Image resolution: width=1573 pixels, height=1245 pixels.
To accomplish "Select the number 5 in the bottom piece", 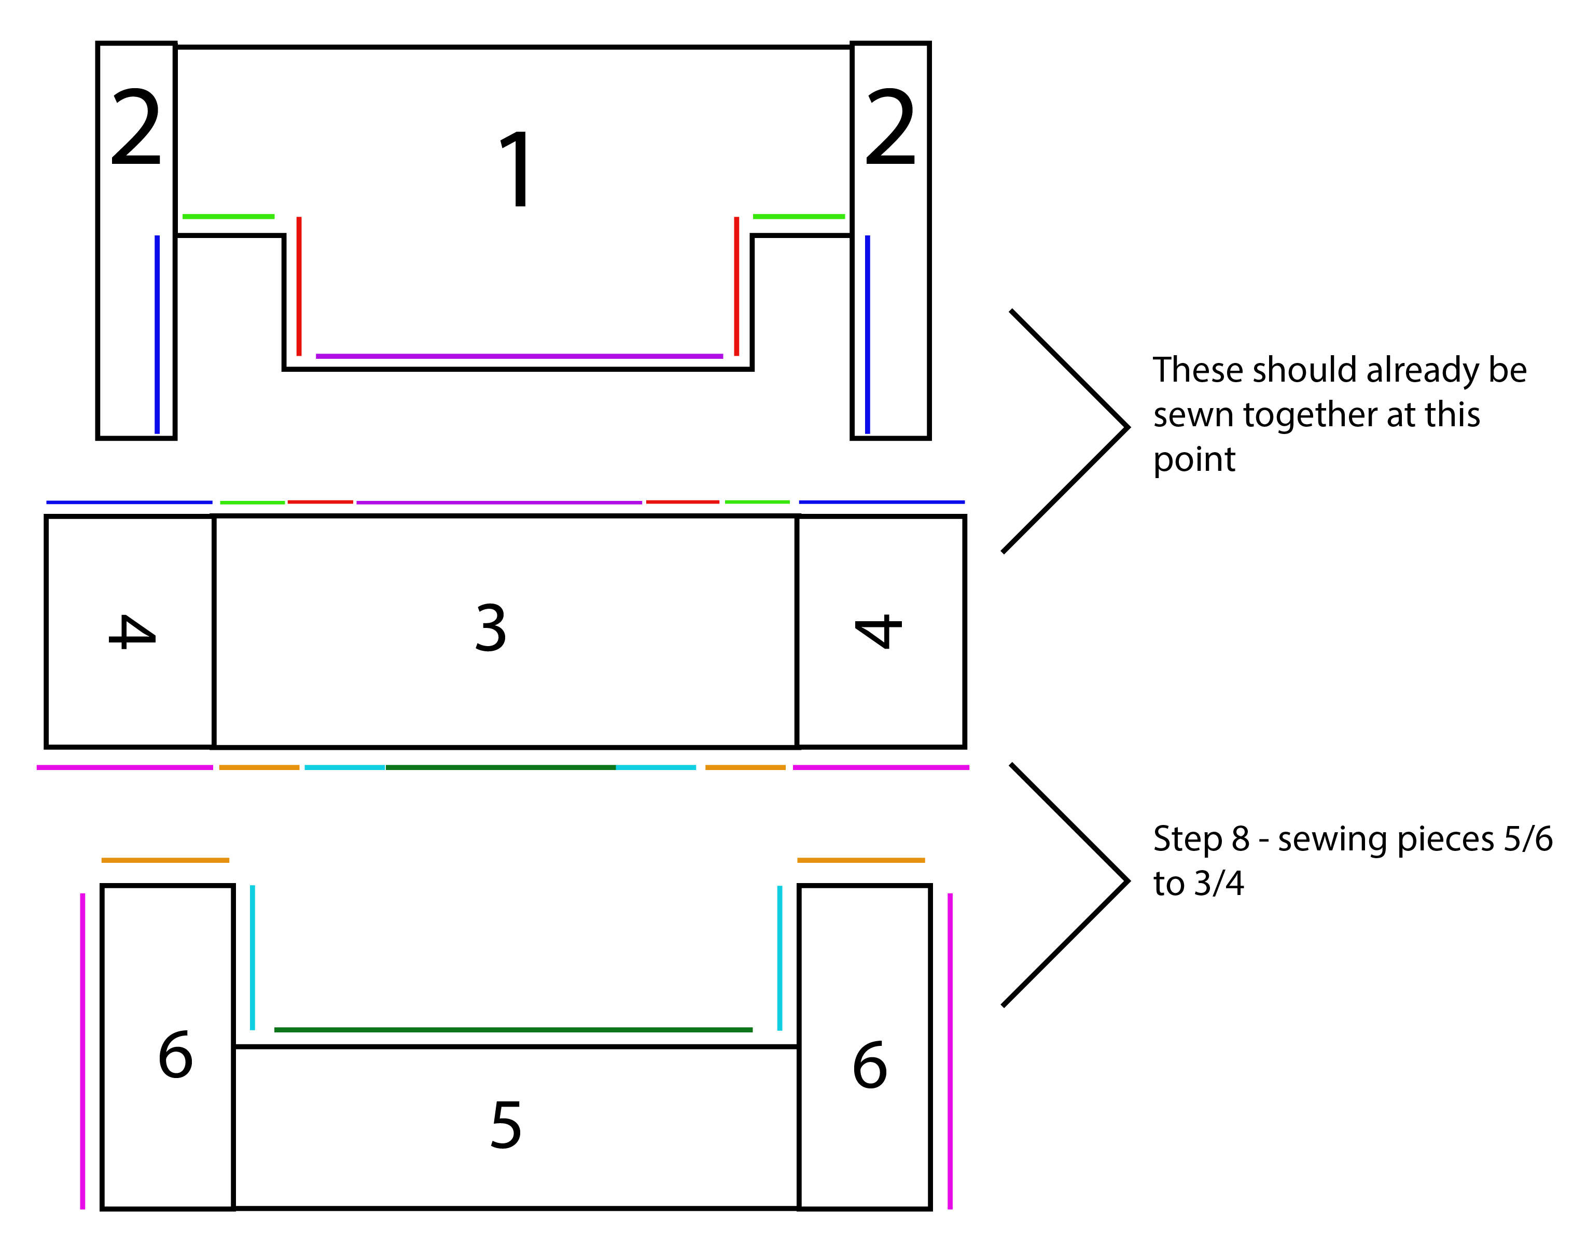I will (506, 1125).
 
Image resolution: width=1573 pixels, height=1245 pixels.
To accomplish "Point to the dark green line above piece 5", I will (512, 1030).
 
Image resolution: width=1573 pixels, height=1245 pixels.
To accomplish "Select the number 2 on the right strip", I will (890, 127).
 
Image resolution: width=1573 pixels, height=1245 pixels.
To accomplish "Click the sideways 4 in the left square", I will (132, 631).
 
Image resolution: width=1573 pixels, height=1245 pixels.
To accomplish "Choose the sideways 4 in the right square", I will (879, 631).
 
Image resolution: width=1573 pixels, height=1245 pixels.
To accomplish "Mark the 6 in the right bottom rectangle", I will (870, 1065).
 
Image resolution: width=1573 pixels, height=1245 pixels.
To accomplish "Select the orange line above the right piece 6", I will (861, 860).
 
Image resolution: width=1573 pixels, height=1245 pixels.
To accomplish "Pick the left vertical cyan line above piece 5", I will (252, 957).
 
